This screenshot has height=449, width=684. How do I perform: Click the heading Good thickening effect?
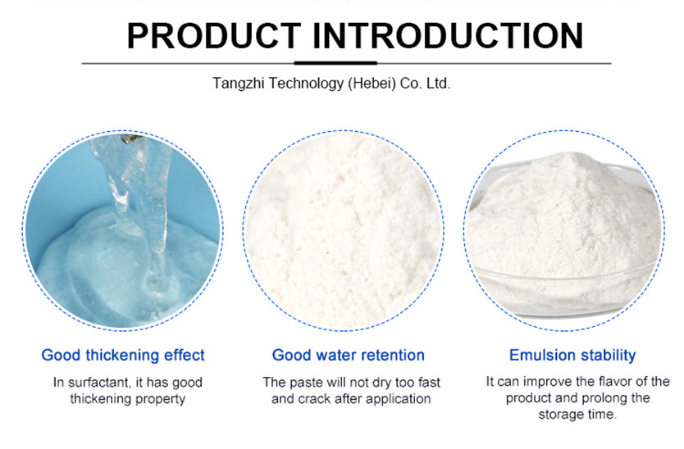[x=123, y=356]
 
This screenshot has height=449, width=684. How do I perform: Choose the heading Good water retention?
[x=349, y=356]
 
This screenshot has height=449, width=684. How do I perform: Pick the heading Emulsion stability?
[x=572, y=356]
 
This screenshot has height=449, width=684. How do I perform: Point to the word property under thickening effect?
[x=162, y=399]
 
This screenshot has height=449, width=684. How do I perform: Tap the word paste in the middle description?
[x=303, y=383]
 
